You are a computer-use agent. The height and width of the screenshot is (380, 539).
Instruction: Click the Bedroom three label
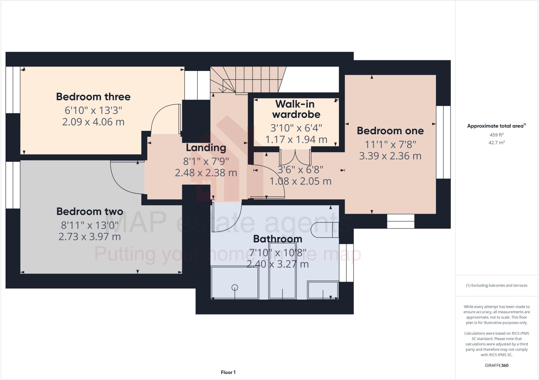point(93,97)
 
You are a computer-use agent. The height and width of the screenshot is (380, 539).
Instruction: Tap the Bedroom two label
point(90,212)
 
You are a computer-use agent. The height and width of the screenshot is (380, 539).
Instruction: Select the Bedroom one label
point(390,131)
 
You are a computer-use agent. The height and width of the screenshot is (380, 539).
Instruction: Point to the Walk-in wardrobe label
point(296,109)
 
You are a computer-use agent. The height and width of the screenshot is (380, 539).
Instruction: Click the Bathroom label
point(277,239)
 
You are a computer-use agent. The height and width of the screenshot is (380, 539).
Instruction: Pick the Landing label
point(206,148)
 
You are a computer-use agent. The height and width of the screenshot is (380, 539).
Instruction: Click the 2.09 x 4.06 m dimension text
point(93,122)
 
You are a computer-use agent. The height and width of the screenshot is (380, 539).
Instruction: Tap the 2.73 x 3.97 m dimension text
point(89,237)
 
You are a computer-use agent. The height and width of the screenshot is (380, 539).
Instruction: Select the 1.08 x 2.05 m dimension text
point(300,181)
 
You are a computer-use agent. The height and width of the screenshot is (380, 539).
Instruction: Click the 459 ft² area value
point(496,135)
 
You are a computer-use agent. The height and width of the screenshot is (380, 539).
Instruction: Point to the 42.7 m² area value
point(496,143)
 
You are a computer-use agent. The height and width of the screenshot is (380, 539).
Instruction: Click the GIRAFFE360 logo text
point(496,365)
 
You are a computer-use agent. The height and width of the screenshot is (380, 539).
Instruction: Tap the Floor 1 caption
point(228,372)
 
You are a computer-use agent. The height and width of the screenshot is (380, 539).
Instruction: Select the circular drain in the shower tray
point(234,287)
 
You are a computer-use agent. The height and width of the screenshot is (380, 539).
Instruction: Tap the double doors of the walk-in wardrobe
point(295,157)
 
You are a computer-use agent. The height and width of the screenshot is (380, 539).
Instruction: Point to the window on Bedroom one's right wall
point(443,142)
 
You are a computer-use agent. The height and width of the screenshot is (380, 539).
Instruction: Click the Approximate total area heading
point(496,126)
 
